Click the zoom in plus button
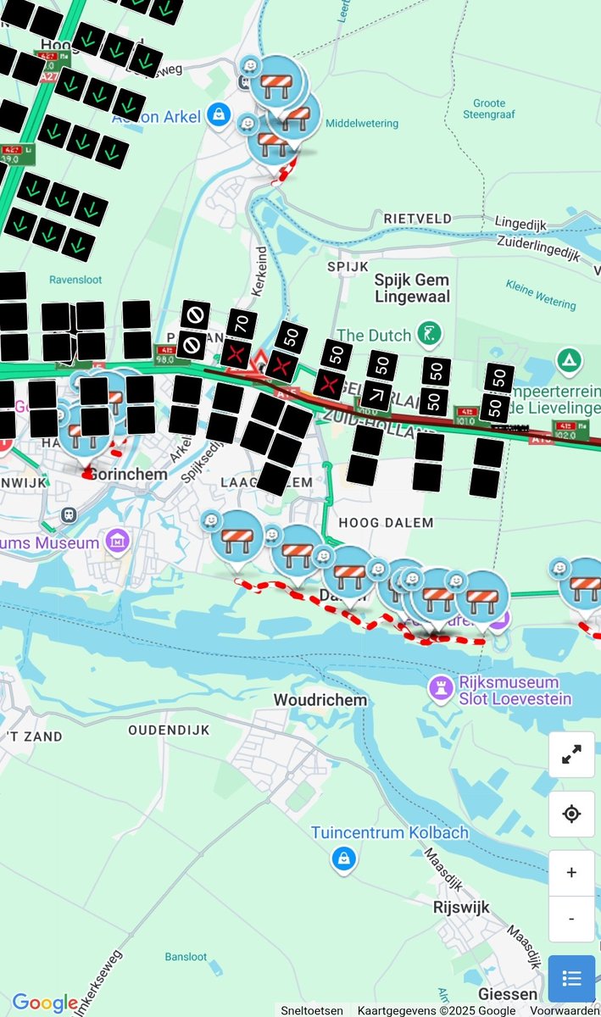[x=571, y=872]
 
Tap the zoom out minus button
[x=571, y=919]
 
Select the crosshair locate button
[x=571, y=814]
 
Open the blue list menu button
[x=571, y=979]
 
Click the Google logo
[x=44, y=1003]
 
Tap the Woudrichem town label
[x=320, y=700]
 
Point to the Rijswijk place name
[x=461, y=908]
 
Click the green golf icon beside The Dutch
[x=432, y=332]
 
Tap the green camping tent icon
[x=569, y=361]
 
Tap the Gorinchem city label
[x=128, y=475]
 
